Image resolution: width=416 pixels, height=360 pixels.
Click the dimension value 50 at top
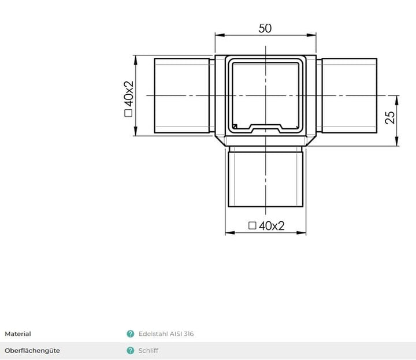point(265,28)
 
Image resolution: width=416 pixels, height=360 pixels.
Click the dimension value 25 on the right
point(390,117)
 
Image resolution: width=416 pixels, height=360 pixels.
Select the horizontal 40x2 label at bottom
point(271,226)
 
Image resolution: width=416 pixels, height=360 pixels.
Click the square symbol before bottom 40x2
point(251,226)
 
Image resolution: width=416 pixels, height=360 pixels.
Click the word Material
point(18,334)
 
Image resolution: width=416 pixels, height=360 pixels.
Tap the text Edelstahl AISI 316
point(166,334)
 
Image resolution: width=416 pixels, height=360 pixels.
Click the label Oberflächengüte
point(32,351)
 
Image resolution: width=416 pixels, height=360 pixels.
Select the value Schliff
point(148,351)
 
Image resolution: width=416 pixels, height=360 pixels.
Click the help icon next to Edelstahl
point(131,334)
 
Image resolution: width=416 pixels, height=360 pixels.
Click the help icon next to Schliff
point(131,351)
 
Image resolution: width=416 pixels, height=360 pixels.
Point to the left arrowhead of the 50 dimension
point(218,36)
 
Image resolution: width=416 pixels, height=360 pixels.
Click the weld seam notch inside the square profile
point(266,127)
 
